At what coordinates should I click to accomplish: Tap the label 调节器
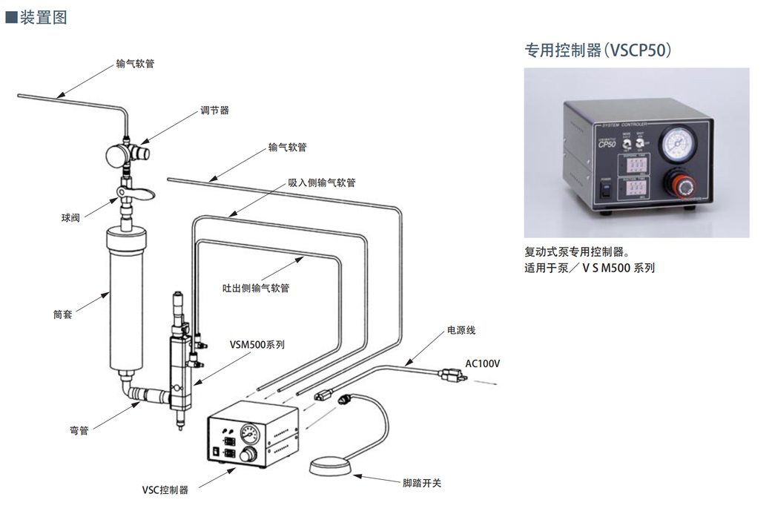[214, 111]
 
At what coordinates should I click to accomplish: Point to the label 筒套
[63, 314]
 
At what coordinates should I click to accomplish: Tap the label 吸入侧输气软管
[322, 182]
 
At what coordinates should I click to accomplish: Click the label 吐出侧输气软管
[256, 287]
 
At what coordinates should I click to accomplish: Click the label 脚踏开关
[422, 483]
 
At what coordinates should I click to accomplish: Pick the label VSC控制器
[165, 490]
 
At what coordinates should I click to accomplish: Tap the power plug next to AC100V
[452, 376]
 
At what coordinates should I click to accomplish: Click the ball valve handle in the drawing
[139, 194]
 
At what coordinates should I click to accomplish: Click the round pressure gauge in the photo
[678, 143]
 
